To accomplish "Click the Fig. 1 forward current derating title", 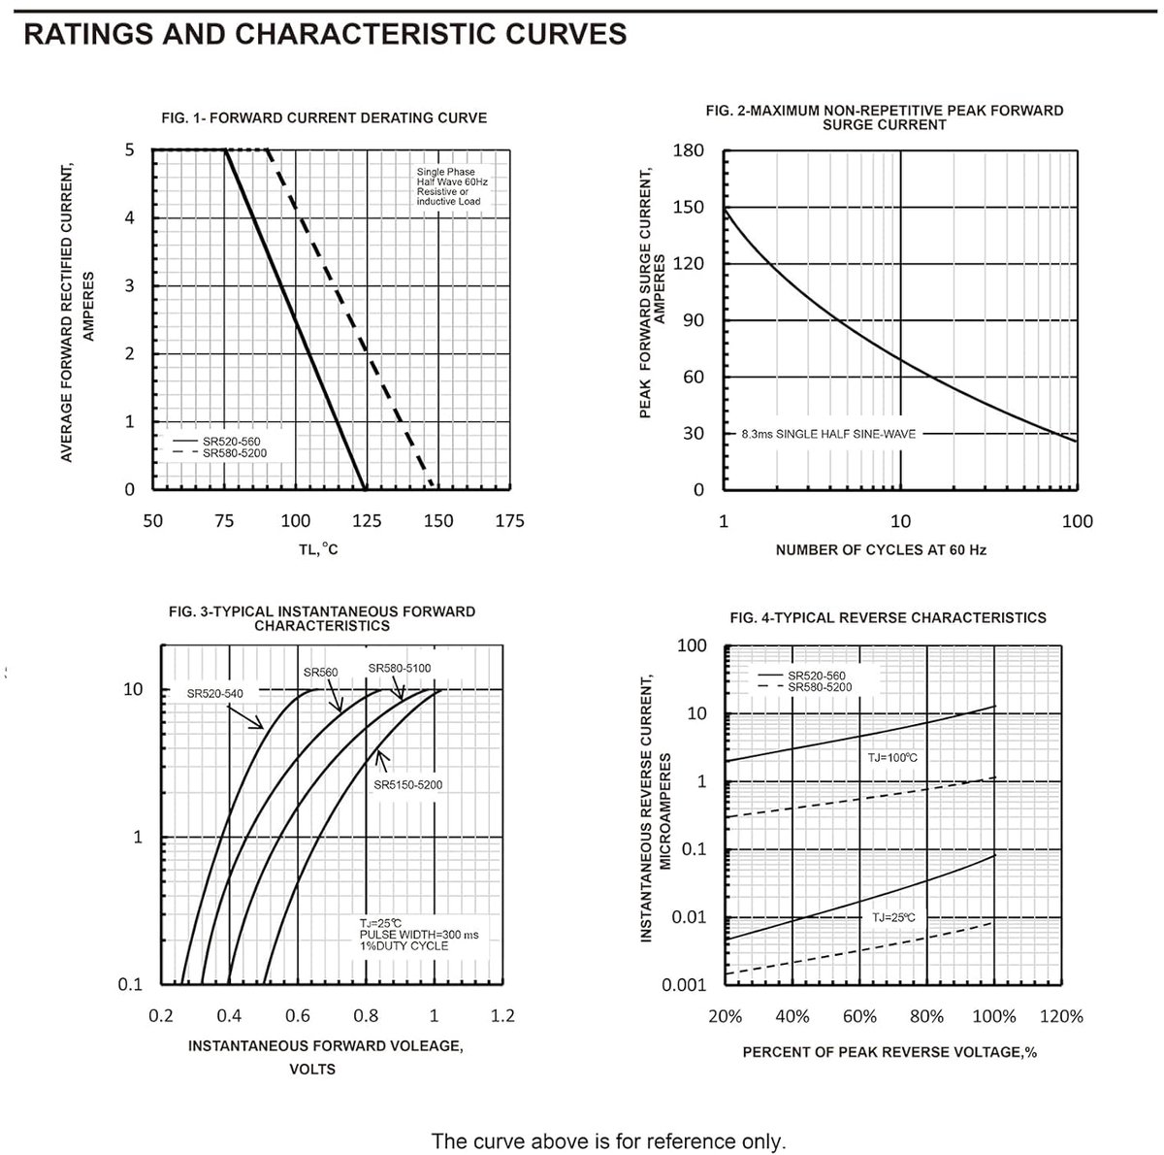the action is (x=324, y=117).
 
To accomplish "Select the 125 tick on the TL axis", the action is (x=367, y=520).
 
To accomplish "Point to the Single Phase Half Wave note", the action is (x=452, y=186).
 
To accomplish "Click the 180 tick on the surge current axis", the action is (x=689, y=150).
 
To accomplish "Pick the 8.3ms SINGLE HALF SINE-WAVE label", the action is (x=828, y=434).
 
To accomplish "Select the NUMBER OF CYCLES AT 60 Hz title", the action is (x=881, y=549).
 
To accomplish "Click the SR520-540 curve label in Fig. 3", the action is (x=214, y=693).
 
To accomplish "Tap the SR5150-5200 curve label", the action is (x=407, y=784).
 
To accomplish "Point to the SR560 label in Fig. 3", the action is (x=320, y=672).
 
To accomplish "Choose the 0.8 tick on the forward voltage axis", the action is (x=366, y=1015).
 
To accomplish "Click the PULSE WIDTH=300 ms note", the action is (x=419, y=935).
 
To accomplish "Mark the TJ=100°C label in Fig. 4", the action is (x=892, y=757).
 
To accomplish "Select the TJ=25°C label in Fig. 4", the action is (x=893, y=917).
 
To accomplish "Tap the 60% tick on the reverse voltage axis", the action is (x=859, y=1016).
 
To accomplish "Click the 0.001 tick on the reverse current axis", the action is (x=684, y=985).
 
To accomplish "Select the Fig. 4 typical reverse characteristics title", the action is (x=888, y=617).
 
